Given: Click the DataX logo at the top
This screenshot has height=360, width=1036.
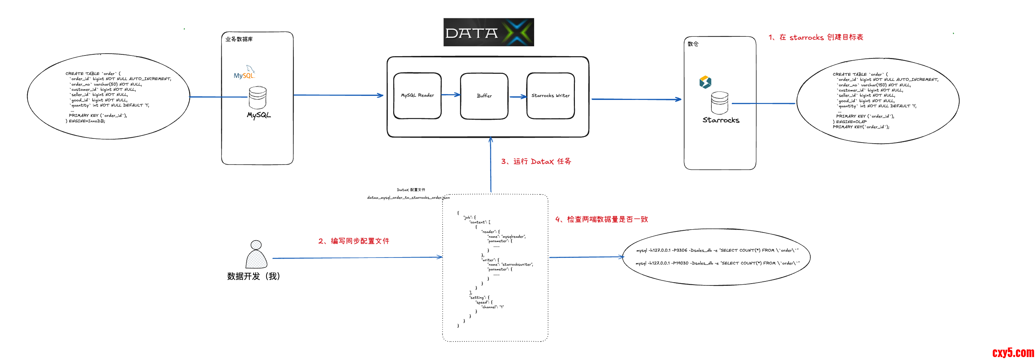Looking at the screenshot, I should point(488,32).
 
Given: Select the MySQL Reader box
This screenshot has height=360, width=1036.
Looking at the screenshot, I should point(417,96).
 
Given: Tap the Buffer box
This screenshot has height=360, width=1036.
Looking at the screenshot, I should point(484,96).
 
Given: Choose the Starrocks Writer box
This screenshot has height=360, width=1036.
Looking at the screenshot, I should point(550,96).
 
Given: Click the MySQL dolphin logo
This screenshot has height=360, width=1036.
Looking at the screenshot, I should point(244,72).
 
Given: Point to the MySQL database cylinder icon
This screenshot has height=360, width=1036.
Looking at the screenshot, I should point(257,97).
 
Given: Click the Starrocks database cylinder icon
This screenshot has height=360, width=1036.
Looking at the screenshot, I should point(720,102).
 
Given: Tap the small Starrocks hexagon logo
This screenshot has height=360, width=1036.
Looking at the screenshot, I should point(705,82).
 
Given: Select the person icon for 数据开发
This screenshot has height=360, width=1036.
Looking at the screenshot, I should point(256,254).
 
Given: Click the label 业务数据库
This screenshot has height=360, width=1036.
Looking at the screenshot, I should point(239,39).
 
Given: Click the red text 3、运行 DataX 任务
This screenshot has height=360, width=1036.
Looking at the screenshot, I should point(536,161).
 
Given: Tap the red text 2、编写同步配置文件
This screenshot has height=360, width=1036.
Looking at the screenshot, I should point(354,241).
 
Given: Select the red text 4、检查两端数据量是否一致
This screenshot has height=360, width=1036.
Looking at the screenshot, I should point(601,219).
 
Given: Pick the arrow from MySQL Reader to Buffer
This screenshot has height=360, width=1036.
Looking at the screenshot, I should point(450,95).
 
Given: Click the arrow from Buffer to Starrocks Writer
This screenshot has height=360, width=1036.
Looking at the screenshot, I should point(518,97).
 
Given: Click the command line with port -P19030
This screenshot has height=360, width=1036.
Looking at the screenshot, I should point(717,263).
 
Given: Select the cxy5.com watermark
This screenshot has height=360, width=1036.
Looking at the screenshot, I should point(1013,352).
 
